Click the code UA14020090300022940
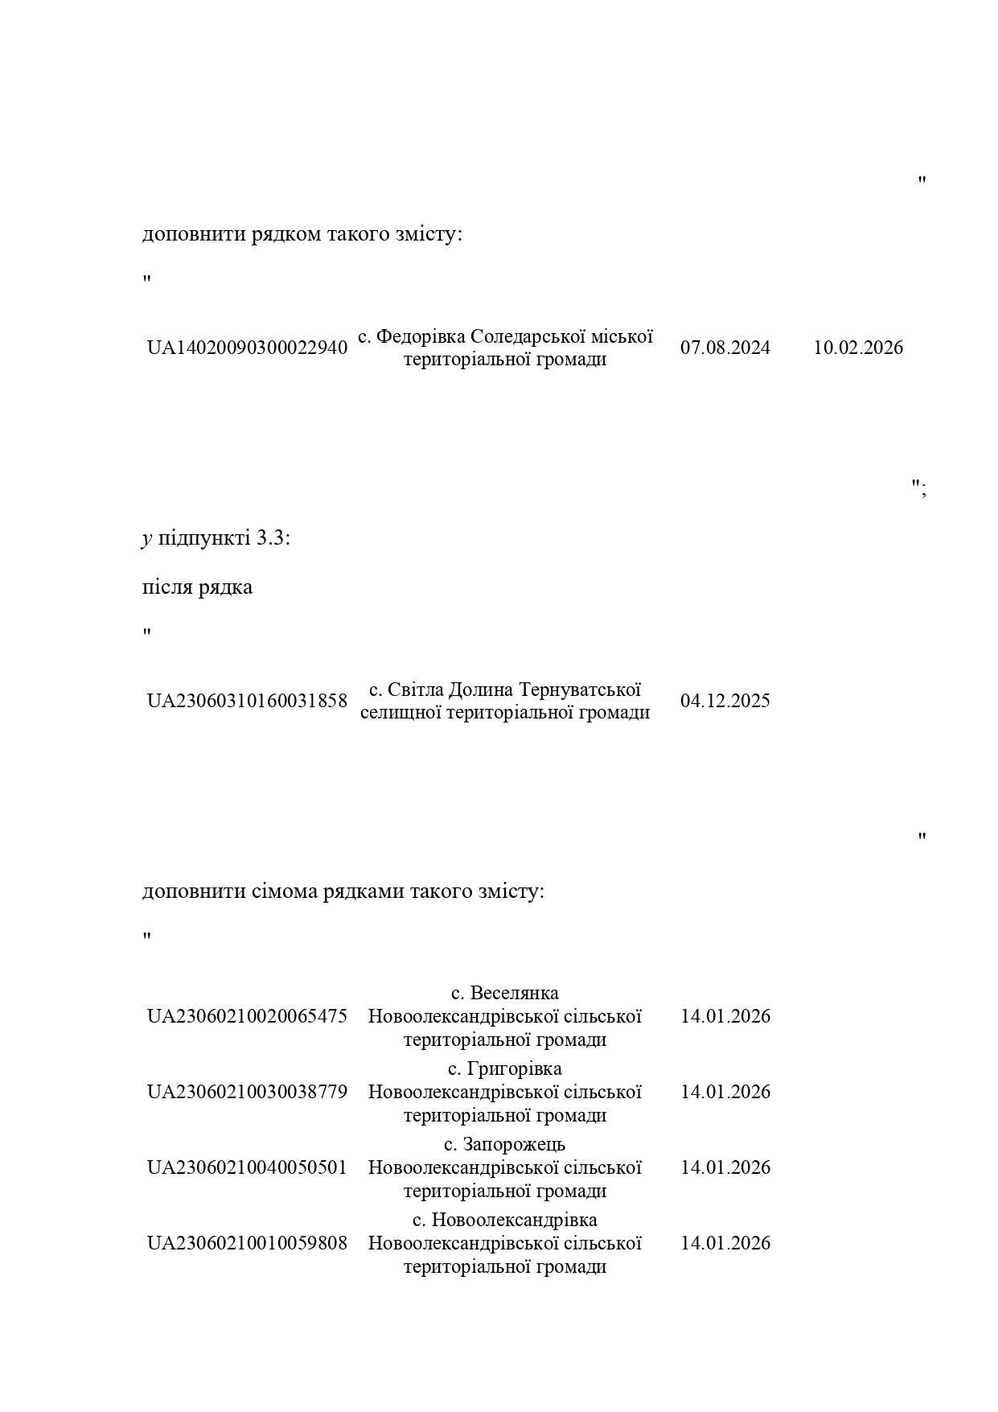tap(247, 348)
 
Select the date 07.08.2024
tap(725, 348)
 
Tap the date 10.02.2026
tap(858, 348)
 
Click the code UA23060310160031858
tap(247, 701)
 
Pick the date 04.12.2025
tap(725, 701)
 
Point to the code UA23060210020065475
tap(247, 1016)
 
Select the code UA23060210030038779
tap(247, 1092)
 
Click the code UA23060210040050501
tap(247, 1167)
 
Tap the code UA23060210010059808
tap(247, 1243)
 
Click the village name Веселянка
tap(515, 993)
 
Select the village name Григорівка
tap(515, 1068)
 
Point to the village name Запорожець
tap(515, 1144)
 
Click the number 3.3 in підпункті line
tap(270, 538)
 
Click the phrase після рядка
tap(197, 587)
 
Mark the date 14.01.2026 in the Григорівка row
tap(725, 1092)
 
